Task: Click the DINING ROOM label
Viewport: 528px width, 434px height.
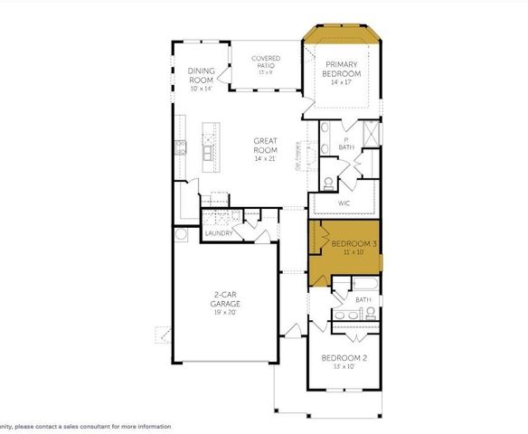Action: (x=201, y=75)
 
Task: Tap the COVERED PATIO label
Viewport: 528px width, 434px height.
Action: (x=266, y=61)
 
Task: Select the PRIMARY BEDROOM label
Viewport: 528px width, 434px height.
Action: (x=342, y=69)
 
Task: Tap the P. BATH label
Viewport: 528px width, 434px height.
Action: (x=346, y=143)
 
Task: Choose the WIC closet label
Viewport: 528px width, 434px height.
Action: (x=344, y=203)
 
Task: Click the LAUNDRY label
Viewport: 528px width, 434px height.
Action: (x=219, y=233)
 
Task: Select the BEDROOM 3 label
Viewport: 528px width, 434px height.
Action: (x=350, y=245)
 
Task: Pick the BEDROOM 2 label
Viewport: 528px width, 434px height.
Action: (x=344, y=359)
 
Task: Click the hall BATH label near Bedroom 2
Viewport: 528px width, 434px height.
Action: (x=363, y=299)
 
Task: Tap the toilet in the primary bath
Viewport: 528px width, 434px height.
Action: (x=328, y=183)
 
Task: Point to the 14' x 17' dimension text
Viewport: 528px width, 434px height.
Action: (x=342, y=82)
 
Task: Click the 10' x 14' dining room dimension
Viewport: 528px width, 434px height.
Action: (x=201, y=88)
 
